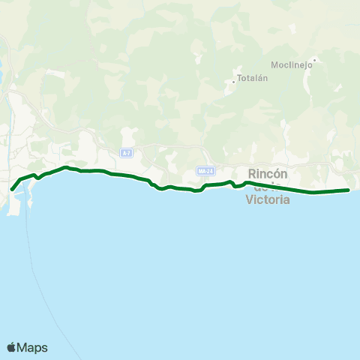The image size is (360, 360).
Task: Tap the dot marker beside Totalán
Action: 233,81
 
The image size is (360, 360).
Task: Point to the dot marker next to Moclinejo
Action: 314,59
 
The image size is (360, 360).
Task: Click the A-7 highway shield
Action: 126,153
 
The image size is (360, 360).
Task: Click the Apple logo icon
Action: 12,347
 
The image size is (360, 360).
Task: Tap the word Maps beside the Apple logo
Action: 33,347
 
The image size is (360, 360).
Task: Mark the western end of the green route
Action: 12,189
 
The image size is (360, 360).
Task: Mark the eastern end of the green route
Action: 349,190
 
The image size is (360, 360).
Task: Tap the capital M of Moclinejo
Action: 275,64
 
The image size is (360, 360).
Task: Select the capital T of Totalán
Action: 238,79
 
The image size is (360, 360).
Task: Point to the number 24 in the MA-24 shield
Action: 211,171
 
